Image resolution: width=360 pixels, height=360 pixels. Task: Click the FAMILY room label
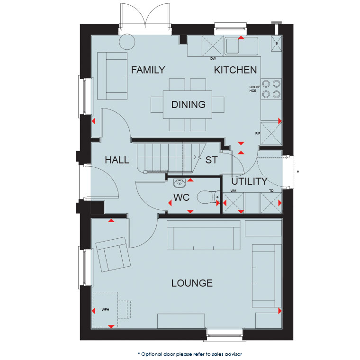[148, 70]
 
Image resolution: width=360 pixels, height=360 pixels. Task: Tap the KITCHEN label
[235, 70]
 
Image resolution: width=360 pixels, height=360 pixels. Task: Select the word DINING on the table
[188, 105]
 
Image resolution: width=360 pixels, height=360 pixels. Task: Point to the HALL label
[117, 160]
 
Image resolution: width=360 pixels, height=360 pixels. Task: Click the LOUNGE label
[192, 283]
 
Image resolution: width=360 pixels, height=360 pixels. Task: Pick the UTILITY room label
[249, 181]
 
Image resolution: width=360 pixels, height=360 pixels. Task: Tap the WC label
[181, 198]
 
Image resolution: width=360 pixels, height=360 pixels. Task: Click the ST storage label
[211, 160]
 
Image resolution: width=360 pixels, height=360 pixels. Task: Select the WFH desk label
[105, 309]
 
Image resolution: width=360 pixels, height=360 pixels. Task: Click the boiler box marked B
[277, 44]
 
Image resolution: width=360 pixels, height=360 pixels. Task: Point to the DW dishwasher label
[213, 59]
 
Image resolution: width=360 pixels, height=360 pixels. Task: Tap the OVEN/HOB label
[254, 89]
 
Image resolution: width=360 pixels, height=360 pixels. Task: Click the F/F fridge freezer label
[258, 133]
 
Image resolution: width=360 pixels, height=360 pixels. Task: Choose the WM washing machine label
[233, 190]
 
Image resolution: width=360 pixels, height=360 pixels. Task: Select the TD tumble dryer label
[271, 190]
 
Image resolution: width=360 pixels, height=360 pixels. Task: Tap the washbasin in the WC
[180, 183]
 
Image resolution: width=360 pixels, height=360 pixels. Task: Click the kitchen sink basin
[233, 46]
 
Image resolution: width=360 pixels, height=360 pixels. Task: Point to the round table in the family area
[127, 42]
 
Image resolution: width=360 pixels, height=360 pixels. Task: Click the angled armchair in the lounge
[113, 254]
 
